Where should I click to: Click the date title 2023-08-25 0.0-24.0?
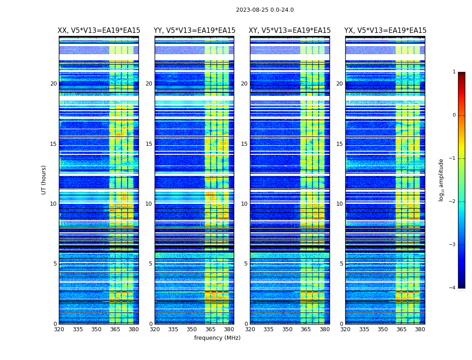[265, 10]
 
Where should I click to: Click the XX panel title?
[99, 31]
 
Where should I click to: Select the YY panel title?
[194, 31]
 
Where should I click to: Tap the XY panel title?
[290, 31]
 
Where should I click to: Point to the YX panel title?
[385, 31]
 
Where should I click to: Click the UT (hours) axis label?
[44, 180]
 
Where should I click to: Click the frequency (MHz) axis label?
[217, 338]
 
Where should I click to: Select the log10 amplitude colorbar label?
[441, 180]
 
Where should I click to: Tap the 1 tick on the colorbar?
[454, 72]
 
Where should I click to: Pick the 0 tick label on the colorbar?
[454, 115]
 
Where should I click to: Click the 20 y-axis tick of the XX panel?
[53, 84]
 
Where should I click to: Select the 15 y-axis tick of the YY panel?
[149, 144]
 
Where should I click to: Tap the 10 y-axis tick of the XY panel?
[244, 204]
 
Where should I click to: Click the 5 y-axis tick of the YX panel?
[341, 264]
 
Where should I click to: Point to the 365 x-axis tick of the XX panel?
[115, 329]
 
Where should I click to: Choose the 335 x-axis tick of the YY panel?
[173, 329]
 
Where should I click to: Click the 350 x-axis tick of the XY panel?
[287, 329]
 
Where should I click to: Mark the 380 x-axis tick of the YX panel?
[420, 329]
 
